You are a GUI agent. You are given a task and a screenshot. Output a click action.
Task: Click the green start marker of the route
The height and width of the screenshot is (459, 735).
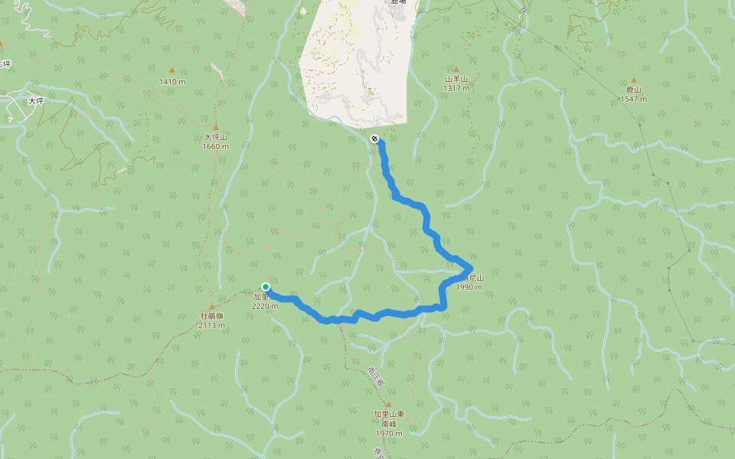266,287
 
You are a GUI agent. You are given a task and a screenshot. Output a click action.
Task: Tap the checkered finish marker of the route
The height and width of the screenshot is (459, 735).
374,138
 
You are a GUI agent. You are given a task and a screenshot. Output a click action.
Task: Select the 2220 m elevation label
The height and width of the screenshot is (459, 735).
265,306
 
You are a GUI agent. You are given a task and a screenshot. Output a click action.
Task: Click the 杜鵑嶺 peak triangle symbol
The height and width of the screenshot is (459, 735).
212,306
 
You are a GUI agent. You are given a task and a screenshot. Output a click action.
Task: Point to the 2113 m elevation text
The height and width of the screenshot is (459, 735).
212,325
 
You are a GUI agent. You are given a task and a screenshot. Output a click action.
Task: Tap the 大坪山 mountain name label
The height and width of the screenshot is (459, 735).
216,138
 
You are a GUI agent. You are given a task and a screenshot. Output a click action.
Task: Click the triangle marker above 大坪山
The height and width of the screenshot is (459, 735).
216,128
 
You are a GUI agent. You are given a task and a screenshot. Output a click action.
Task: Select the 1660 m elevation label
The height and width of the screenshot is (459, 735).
216,147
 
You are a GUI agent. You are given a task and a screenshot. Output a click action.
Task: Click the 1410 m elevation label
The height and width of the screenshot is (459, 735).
172,82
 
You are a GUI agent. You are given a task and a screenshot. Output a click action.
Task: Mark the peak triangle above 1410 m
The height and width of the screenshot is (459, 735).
172,70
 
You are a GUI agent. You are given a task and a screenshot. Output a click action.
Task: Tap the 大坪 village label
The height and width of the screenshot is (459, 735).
36,101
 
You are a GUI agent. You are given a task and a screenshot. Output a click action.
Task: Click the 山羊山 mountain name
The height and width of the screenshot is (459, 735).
456,79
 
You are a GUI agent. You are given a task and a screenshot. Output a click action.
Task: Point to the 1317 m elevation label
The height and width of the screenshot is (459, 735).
456,88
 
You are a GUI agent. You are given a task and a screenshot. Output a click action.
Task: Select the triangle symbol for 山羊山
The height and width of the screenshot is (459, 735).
456,69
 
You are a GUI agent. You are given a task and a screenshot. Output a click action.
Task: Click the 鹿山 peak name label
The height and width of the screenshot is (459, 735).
633,90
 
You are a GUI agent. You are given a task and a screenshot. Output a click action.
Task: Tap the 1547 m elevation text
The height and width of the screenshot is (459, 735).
633,99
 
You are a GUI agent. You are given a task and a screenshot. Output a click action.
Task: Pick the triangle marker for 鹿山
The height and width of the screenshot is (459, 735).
633,80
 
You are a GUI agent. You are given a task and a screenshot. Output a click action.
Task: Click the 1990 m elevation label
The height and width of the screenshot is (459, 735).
469,288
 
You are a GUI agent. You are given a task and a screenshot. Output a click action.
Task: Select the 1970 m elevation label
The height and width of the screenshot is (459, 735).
388,433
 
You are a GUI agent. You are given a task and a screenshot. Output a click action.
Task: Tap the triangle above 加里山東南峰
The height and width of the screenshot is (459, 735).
388,405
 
